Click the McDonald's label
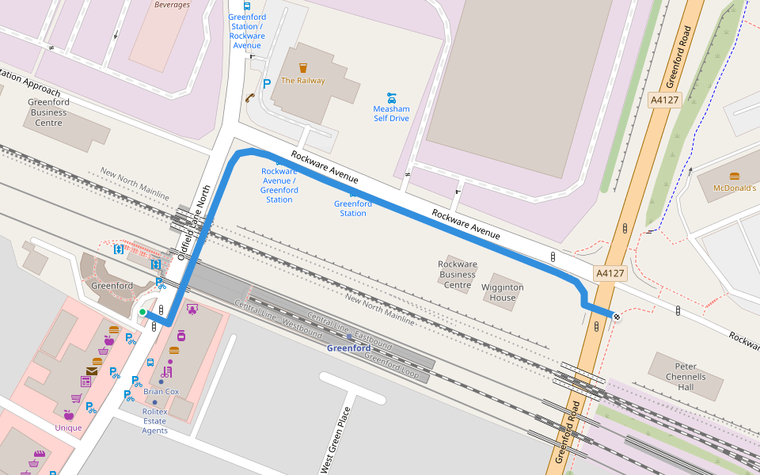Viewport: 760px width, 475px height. (x=735, y=188)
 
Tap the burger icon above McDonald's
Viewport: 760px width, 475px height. (x=735, y=176)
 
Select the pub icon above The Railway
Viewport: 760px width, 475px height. (x=302, y=68)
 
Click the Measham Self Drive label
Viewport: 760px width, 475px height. (x=391, y=113)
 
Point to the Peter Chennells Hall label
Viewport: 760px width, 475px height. (x=685, y=377)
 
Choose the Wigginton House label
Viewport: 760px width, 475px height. (x=502, y=292)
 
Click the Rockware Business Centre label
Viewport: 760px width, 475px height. (x=458, y=275)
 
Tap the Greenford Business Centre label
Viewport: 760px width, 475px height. (x=48, y=112)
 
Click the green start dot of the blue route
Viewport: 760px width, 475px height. (x=142, y=312)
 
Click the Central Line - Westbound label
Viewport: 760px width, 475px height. (x=268, y=317)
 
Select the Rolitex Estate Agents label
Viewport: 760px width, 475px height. (x=154, y=421)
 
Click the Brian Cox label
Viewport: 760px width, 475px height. (x=161, y=391)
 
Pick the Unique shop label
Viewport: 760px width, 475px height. (x=68, y=428)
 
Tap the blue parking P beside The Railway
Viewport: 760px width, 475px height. (x=267, y=83)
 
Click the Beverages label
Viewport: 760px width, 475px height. (x=172, y=5)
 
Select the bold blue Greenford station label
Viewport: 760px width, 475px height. (x=348, y=348)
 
